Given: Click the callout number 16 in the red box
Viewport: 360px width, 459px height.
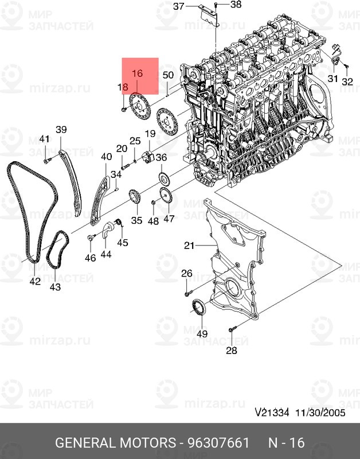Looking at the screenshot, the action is pos(137,73).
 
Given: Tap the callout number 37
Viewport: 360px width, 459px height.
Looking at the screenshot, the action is pos(178,6).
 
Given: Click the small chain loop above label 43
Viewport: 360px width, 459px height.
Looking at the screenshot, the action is pos(57,250).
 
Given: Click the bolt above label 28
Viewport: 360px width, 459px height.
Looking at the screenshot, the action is pos(232,329).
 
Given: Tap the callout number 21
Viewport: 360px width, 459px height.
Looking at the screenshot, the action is pos(189,245).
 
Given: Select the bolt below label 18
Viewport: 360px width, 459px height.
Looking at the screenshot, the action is pos(124,110).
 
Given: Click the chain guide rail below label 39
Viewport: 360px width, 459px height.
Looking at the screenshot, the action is pos(71,183).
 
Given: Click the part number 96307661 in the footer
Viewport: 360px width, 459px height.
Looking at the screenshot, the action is pos(218,443).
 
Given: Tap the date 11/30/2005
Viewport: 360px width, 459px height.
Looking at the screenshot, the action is pos(320,413).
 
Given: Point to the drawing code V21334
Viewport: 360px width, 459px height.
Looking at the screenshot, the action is pos(272,413).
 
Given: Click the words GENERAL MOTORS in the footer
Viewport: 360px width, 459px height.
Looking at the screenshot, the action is pos(116,443).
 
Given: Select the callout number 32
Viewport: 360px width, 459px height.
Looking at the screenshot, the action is pos(347,81).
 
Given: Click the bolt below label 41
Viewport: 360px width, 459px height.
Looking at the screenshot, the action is pos(47,161).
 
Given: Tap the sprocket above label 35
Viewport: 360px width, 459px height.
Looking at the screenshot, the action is pos(134,197).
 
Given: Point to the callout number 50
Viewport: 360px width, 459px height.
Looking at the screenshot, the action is pos(168,75).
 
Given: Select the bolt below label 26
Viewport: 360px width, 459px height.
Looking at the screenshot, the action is pos(189,293).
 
